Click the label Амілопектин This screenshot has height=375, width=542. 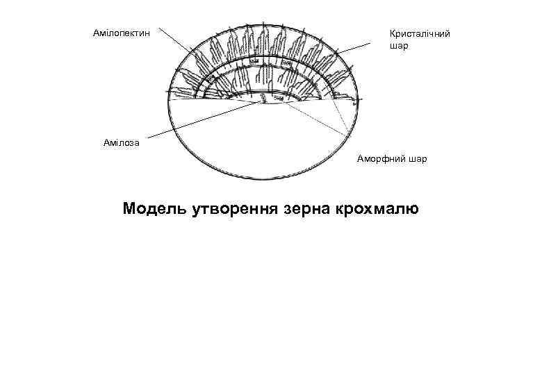pyautogui.click(x=122, y=32)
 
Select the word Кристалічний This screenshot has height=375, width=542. pyautogui.click(x=420, y=33)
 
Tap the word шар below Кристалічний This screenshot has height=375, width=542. pyautogui.click(x=399, y=47)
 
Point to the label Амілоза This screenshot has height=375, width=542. pyautogui.click(x=122, y=142)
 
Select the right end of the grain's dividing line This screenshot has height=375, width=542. pyautogui.click(x=361, y=103)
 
